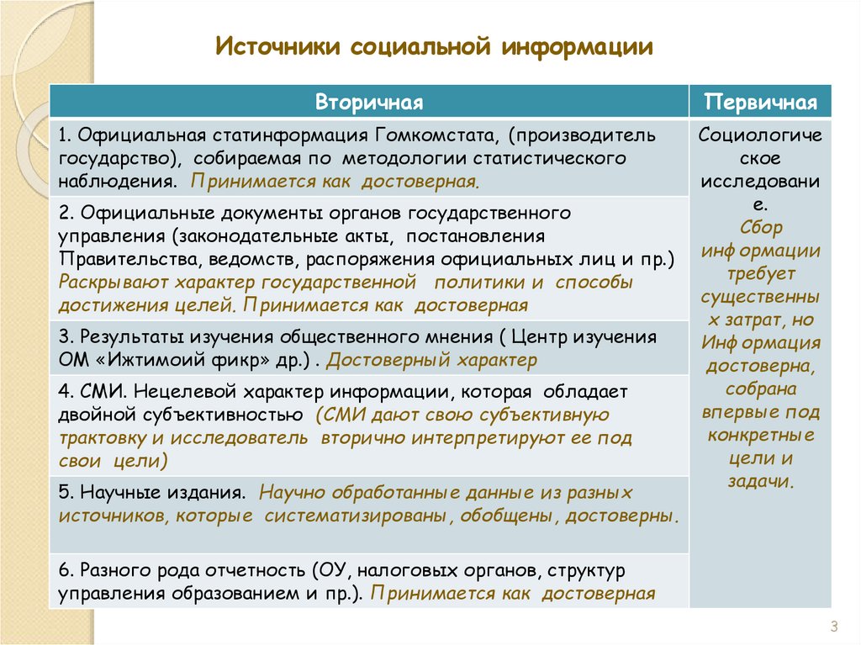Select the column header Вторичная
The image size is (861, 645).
369,103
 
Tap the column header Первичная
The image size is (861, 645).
760,103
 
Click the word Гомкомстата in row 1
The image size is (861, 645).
437,135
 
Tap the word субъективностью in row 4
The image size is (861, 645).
222,415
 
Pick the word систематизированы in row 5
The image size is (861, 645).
356,515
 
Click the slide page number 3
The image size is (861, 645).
833,626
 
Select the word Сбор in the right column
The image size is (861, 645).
760,227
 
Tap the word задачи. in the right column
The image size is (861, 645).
760,482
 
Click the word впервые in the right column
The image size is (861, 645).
733,412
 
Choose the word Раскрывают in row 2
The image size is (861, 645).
114,283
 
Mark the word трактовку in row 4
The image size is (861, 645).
103,438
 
